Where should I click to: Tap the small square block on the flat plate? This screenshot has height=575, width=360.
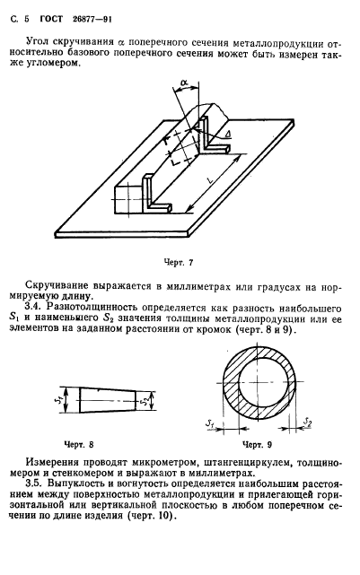tap(128, 196)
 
